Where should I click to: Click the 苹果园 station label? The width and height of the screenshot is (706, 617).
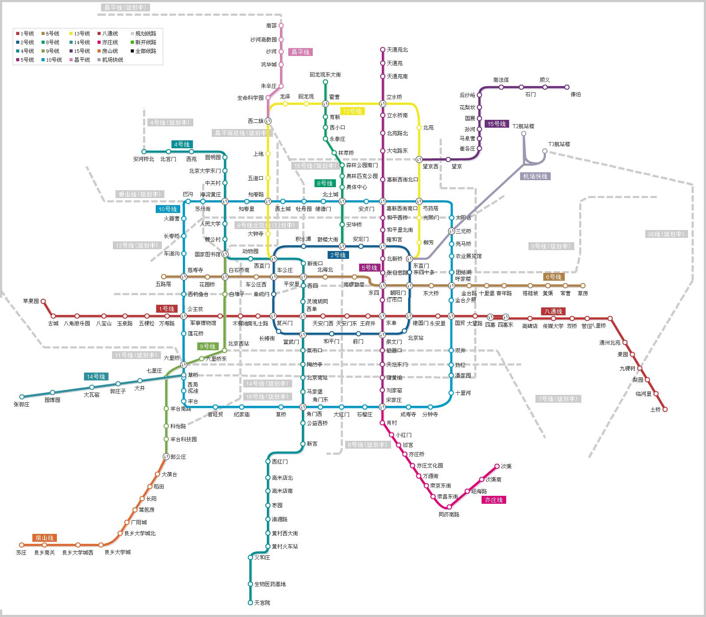[x=31, y=301]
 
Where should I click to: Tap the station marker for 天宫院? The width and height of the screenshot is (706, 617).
[x=250, y=603]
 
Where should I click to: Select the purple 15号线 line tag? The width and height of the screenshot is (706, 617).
[x=496, y=124]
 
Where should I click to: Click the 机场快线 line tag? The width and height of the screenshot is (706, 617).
[x=535, y=176]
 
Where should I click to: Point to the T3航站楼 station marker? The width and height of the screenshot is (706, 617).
[x=545, y=151]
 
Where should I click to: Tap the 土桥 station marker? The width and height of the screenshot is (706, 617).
[x=665, y=409]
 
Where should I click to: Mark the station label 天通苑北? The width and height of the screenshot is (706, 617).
[x=397, y=50]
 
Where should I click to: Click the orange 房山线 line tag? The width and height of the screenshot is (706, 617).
[x=45, y=538]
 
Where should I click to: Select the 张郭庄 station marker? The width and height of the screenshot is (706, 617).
[x=22, y=397]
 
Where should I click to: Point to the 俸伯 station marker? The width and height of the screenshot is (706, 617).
[x=567, y=87]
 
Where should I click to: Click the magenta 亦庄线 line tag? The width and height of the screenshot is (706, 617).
[x=494, y=500]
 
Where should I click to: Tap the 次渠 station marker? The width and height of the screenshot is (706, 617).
[x=497, y=466]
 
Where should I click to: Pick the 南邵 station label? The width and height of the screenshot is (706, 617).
[x=271, y=26]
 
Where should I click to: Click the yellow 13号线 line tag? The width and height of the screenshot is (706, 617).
[x=352, y=111]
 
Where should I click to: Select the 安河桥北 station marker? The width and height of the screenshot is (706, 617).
[x=143, y=152]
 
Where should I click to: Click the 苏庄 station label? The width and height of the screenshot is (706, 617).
[x=21, y=553]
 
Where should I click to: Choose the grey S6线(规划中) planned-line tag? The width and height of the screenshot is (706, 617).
[x=666, y=234]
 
